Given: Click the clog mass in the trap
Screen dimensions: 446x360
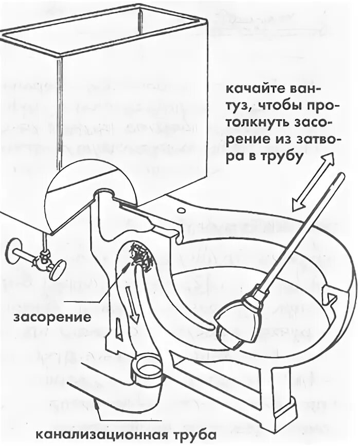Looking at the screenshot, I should [x=140, y=255].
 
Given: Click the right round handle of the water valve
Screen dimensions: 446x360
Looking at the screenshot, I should [x=58, y=269].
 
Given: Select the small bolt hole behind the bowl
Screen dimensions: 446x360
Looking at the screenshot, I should [x=181, y=210].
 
